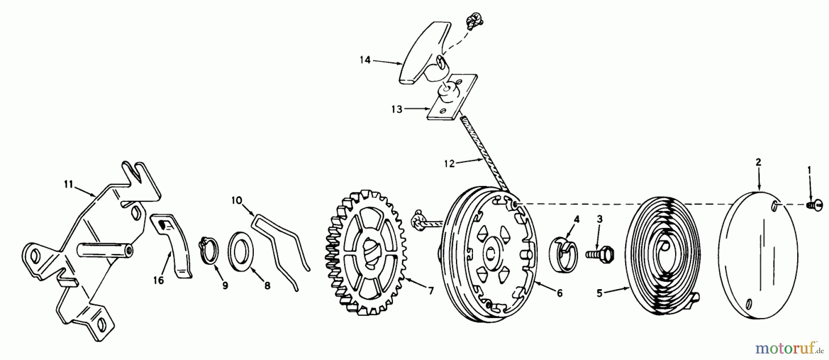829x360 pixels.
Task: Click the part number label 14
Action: (365, 60)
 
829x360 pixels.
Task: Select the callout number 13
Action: (397, 109)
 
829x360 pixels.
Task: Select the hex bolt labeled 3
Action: (597, 253)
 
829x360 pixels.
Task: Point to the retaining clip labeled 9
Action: (210, 251)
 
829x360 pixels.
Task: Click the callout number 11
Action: (69, 185)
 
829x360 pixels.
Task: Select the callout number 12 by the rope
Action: (450, 163)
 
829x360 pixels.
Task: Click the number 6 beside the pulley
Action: (559, 293)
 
